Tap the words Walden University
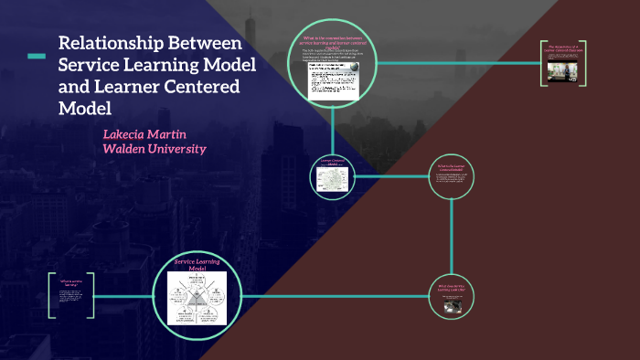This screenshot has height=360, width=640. click(154, 149)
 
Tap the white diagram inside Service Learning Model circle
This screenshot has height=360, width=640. click(196, 301)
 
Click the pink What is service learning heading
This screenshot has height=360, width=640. click(70, 282)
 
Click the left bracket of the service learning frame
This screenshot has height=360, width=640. click(50, 295)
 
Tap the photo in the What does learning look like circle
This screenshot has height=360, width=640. click(453, 307)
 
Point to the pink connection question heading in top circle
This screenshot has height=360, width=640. click(333, 41)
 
